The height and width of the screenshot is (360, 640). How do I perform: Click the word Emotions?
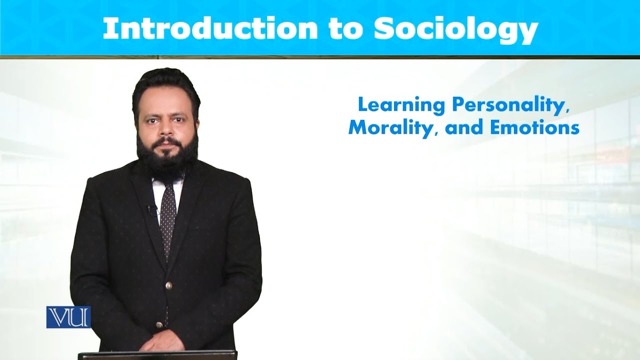pyautogui.click(x=534, y=128)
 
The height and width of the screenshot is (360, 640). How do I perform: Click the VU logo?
pyautogui.click(x=68, y=317)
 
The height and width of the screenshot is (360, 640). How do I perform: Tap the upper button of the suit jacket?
pyautogui.click(x=168, y=285)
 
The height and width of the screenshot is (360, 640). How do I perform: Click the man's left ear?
pyautogui.click(x=196, y=124)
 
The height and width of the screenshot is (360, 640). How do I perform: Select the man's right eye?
pyautogui.click(x=151, y=120)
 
